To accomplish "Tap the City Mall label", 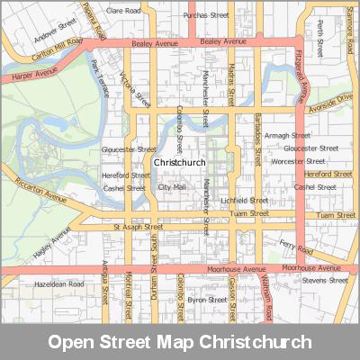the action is (172, 187).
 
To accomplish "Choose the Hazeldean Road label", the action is (58, 283).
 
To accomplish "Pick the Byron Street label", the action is (206, 300).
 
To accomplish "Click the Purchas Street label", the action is (206, 15).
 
